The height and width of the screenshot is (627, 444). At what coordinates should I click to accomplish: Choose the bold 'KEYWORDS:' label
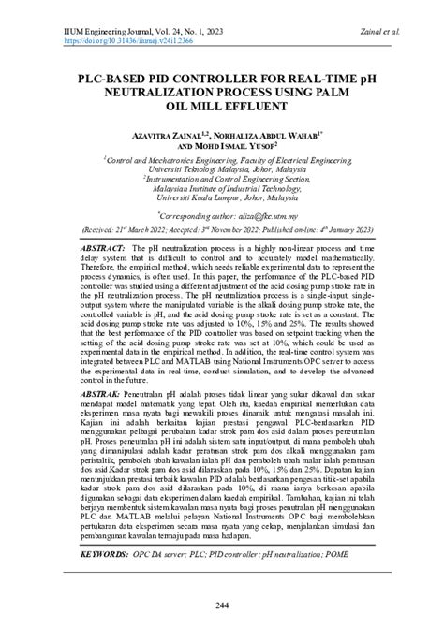click(100, 554)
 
